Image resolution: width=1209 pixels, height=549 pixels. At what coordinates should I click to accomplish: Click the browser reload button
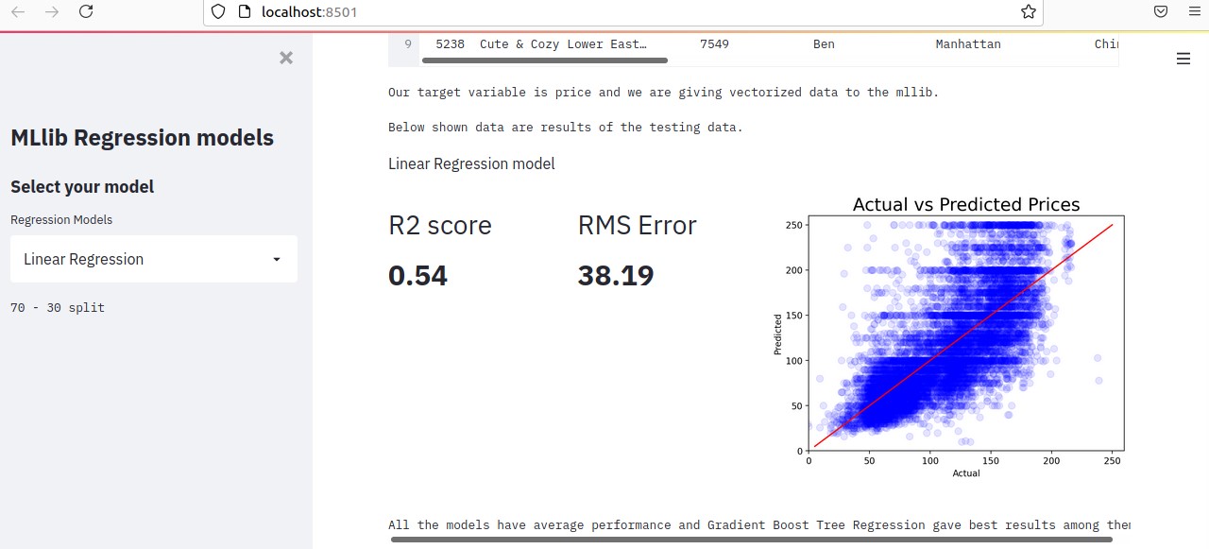click(86, 12)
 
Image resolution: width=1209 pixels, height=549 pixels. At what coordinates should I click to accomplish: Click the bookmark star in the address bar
click(1029, 12)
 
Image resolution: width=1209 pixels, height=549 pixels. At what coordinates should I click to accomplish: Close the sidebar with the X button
click(286, 58)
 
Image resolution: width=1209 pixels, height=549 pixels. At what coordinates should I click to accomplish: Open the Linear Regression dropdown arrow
click(276, 260)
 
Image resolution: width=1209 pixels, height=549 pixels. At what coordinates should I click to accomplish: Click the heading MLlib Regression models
click(142, 138)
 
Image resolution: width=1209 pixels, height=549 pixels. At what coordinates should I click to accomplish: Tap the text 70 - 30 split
click(58, 308)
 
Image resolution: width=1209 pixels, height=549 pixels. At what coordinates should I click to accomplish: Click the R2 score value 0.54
click(417, 276)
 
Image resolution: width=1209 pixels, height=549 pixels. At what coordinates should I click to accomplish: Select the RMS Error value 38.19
click(616, 276)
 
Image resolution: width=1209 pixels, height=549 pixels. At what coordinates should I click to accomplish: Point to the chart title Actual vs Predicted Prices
click(965, 204)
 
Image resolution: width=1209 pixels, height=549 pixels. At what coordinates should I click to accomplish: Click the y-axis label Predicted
click(778, 335)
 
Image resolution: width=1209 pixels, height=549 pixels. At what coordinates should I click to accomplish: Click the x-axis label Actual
click(966, 472)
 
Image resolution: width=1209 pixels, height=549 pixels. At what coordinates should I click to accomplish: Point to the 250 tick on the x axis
click(1112, 460)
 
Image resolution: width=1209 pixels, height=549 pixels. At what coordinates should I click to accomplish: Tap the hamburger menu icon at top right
click(1183, 59)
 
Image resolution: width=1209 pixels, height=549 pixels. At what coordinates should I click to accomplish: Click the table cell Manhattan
click(968, 44)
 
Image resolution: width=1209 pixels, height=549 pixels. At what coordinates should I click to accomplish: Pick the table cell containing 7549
click(714, 44)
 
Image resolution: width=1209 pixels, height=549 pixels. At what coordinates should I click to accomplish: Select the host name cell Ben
click(824, 44)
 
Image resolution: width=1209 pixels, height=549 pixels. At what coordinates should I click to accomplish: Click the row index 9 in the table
click(408, 44)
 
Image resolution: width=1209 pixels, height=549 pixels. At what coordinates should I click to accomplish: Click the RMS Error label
click(637, 226)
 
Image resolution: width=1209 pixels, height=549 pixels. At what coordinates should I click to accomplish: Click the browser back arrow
click(18, 12)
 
